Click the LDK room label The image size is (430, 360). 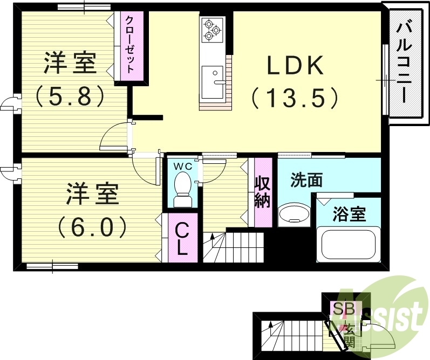(x=295, y=66)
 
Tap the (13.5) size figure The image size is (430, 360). (x=295, y=98)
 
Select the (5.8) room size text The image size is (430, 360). (x=70, y=96)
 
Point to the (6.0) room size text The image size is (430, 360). (x=92, y=226)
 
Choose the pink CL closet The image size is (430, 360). (x=183, y=238)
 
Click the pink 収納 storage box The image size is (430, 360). (x=263, y=192)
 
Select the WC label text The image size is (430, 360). (x=181, y=167)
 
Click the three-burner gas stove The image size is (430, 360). (x=211, y=31)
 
